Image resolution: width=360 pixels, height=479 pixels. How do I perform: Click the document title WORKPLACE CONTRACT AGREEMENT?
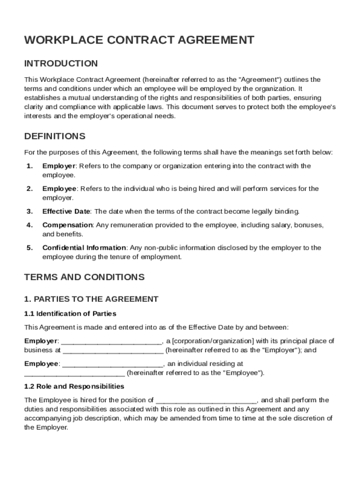(139, 40)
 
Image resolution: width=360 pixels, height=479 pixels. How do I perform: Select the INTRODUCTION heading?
(61, 64)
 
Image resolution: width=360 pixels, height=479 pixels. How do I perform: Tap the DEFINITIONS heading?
(55, 137)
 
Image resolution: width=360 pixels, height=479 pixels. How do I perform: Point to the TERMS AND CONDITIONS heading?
(85, 277)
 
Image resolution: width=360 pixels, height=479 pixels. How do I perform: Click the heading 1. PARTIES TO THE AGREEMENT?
(92, 299)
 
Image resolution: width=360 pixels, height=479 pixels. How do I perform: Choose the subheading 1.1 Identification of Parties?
(70, 313)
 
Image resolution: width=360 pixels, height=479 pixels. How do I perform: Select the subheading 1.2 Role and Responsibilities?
(74, 386)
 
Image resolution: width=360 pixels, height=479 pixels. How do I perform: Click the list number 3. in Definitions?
(29, 211)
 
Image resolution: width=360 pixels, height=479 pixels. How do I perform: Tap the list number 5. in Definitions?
(29, 248)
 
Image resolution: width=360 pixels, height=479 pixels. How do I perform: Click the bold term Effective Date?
(66, 211)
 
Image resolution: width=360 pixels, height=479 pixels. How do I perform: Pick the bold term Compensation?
(68, 225)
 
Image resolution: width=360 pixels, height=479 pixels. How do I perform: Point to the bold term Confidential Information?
(84, 248)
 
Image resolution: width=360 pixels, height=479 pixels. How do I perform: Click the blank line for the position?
(206, 401)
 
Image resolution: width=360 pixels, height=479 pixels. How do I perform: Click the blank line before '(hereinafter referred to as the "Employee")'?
(74, 374)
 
